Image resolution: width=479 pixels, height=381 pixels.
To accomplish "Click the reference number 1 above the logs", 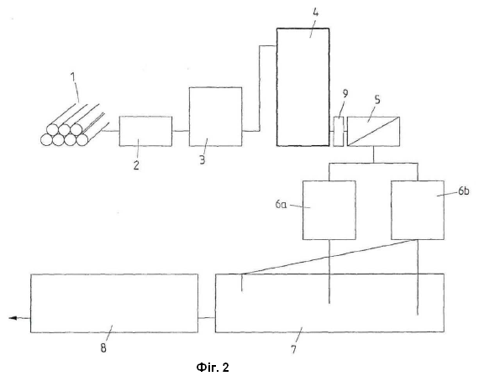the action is pos(73,77).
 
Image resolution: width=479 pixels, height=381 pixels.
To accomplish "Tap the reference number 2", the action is pos(136,165).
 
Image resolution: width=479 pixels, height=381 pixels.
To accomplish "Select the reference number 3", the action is pos(203,159).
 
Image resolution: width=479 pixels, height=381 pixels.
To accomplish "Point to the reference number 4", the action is pos(316,13).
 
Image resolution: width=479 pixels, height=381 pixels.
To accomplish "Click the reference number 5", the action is pos(377,99).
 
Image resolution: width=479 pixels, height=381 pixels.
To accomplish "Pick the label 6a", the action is pos(281,205).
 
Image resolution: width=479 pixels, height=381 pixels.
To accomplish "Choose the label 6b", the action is pos(463,191).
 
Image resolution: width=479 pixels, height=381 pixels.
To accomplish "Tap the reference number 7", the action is pos(293,349).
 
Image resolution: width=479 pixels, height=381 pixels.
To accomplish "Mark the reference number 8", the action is pos(103,348).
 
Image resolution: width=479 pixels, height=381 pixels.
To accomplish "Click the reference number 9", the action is pos(345,94).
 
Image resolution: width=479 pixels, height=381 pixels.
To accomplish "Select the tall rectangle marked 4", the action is pos(303,87).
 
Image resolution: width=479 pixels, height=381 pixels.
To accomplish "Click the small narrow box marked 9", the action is pos(338,132).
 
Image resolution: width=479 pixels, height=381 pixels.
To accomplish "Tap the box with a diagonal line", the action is pos(374,132).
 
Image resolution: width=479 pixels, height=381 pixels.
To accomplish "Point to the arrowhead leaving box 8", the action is pos(13,318).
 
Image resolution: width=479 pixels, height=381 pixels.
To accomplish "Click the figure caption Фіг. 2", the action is pos(213,368).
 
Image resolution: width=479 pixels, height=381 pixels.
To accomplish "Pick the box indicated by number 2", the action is pos(145,131).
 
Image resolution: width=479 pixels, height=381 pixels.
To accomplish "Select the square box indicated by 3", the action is pos(216,117).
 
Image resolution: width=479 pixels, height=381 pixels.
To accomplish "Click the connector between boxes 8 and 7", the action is pos(207,318).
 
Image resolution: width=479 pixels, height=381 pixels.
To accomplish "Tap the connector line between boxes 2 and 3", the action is pos(181,131).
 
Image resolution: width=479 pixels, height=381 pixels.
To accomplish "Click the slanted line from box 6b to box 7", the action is pos(330,257).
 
